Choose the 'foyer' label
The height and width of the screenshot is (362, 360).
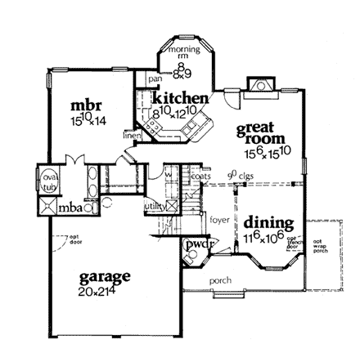point(218,220)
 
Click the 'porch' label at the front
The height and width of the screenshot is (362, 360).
point(220,280)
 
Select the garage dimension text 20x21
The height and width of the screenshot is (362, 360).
point(97,290)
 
